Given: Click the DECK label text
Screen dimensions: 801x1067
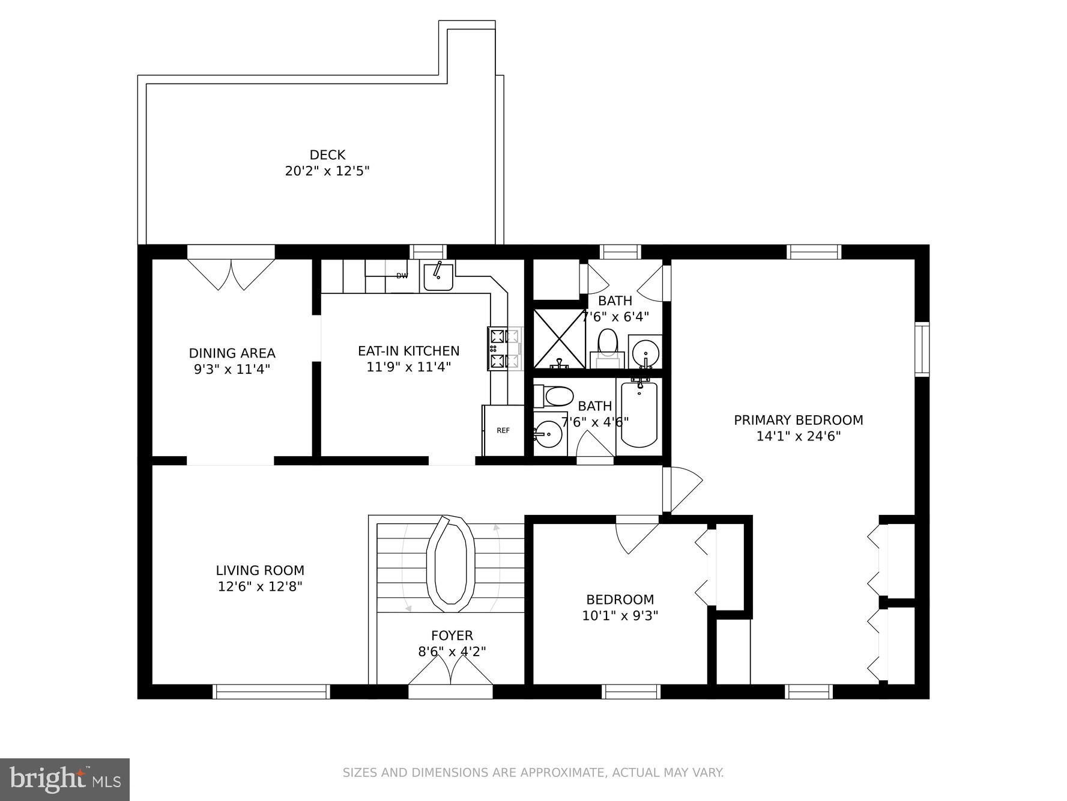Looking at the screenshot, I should click(x=327, y=155).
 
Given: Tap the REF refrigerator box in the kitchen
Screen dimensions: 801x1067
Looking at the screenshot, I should click(x=503, y=430).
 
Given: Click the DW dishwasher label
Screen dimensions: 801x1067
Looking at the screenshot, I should click(x=402, y=276).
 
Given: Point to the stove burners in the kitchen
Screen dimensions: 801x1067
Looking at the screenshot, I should click(x=498, y=349).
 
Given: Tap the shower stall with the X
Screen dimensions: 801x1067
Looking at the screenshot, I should click(x=559, y=338).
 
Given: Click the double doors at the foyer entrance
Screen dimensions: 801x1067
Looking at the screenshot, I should click(x=450, y=671).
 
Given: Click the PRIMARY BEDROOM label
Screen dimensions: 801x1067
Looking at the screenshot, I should click(x=798, y=420).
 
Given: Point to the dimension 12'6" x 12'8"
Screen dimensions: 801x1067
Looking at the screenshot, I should click(x=259, y=586).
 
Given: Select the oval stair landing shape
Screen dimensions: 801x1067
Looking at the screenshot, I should click(x=450, y=562).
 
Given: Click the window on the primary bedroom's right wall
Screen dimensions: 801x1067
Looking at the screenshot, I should click(x=922, y=349).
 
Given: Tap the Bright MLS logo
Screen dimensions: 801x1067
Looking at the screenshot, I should click(x=65, y=779).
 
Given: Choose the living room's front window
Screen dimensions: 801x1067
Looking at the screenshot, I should click(x=271, y=691).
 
